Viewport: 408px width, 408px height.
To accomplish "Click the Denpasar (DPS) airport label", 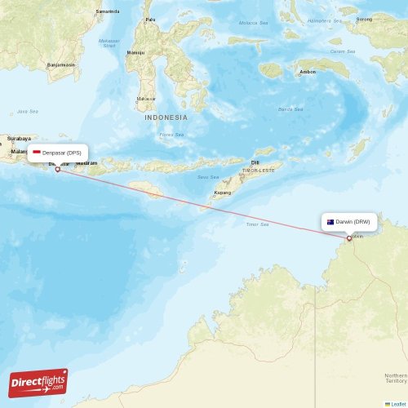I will point(61,153).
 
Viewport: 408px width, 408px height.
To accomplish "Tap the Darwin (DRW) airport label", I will point(353,222).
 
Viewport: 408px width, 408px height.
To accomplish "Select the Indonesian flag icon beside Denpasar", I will point(37,153).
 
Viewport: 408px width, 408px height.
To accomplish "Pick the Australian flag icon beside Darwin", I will point(330,222).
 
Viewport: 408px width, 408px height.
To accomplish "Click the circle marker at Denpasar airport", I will point(57,169).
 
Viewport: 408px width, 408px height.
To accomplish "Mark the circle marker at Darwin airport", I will point(349,238).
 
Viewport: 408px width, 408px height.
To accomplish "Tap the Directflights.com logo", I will point(38,382).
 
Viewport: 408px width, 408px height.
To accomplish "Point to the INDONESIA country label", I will point(166,118).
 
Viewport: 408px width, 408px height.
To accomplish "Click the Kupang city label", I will point(222,193).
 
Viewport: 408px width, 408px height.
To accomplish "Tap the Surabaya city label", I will point(19,139).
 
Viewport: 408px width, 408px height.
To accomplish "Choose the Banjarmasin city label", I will point(61,64).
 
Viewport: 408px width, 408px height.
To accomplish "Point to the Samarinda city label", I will point(107,11).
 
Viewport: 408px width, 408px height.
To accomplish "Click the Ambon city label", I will point(308,72).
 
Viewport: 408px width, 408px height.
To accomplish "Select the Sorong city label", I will point(364,18).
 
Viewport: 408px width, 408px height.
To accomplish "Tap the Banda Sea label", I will point(290,109).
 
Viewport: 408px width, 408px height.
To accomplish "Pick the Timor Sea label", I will point(258,224).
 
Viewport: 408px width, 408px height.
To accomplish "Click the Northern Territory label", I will point(395,378).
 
